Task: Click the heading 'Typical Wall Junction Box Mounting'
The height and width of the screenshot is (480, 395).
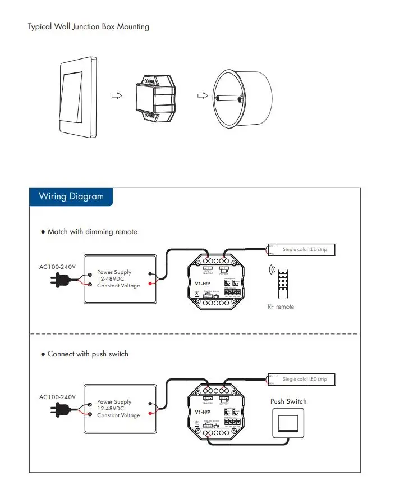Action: pos(89,26)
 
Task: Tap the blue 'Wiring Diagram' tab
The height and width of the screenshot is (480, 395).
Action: pos(71,196)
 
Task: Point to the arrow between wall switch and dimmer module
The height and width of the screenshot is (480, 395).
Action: pos(116,96)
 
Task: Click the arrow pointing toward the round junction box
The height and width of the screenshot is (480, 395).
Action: pos(202,96)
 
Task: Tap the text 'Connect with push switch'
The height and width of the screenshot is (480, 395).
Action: pos(88,354)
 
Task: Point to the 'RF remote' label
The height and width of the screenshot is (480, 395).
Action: pos(281,307)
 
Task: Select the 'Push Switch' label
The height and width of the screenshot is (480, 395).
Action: pos(288,401)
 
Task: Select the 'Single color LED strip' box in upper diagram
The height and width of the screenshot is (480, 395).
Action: pos(303,250)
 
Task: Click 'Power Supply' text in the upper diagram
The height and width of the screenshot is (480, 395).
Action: pos(114,272)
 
